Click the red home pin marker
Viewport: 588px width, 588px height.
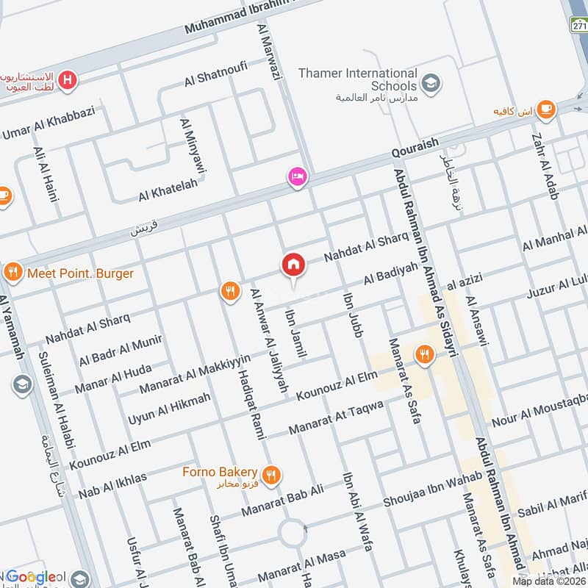[x=293, y=265]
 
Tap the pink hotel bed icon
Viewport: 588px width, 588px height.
[x=298, y=177]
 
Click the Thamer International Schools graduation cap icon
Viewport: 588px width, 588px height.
[x=431, y=80]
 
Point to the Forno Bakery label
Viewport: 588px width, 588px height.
[x=220, y=472]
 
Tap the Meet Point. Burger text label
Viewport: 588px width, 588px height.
[x=80, y=274]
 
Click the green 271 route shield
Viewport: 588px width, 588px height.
[x=578, y=26]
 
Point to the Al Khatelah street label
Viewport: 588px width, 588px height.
[x=168, y=191]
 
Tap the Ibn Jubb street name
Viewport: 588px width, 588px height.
[x=352, y=315]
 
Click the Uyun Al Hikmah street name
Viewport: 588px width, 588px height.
[x=169, y=409]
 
